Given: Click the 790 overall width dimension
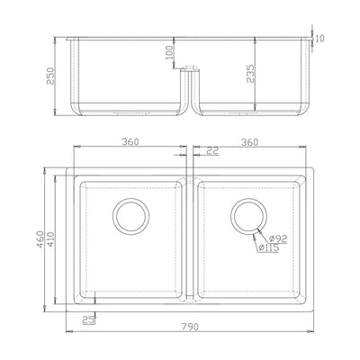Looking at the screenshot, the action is coord(190,327).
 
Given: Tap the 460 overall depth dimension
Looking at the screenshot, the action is coord(40,239).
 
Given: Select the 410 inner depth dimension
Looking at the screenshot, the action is coord(50,239).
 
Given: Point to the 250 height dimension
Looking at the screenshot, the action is coord(50,76).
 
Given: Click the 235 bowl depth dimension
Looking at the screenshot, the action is coord(250,74).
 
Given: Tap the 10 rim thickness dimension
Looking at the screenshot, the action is coord(319,39).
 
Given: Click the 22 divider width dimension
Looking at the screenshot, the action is coord(213,150).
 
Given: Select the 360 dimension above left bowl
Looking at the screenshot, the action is coord(130,141).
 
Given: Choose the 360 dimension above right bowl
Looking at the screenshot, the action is coord(249,142).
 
